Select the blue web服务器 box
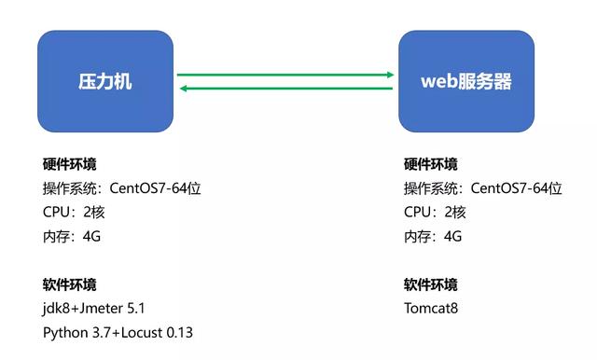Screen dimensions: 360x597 [465, 81]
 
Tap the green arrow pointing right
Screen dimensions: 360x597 [285, 74]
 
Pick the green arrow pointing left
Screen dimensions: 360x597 [285, 89]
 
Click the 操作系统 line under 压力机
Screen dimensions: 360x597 [121, 188]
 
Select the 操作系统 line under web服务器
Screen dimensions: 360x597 [482, 188]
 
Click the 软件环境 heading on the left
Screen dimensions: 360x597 [70, 284]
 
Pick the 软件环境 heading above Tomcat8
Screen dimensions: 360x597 [431, 284]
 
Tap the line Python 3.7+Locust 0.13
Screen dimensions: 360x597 [118, 332]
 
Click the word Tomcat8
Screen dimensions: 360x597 [432, 308]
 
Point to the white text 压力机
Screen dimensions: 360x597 [104, 81]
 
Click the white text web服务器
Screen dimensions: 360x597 [465, 81]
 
